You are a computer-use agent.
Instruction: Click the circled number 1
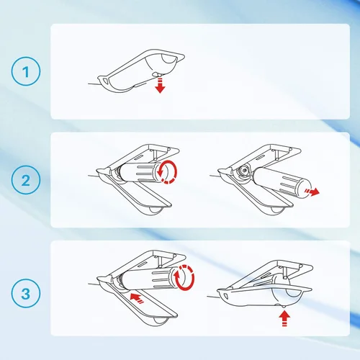(26, 71)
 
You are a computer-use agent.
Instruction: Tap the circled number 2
(26, 180)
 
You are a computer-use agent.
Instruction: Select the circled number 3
(26, 293)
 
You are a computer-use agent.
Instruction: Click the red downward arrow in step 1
(160, 85)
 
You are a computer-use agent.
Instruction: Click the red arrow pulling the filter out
(312, 192)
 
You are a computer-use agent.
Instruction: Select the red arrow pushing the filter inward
(137, 298)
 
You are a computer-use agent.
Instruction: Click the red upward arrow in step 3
(284, 318)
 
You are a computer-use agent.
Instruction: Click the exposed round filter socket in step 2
(245, 171)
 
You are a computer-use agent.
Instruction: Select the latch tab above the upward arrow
(284, 305)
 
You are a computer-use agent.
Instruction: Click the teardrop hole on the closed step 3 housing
(225, 295)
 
